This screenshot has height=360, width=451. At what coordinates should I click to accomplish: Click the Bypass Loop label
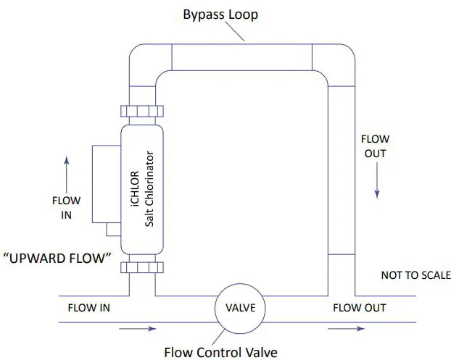[x=220, y=15]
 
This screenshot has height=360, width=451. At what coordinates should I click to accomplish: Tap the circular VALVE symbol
[x=240, y=309]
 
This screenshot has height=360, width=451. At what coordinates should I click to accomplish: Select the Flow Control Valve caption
[x=220, y=352]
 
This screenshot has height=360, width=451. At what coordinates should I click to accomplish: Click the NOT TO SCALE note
[x=416, y=275]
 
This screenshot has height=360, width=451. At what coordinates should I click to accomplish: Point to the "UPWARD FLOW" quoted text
[x=57, y=258]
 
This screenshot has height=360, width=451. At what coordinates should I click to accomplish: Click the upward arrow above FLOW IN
[x=67, y=175]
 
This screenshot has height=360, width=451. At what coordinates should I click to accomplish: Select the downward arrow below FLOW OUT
[x=377, y=180]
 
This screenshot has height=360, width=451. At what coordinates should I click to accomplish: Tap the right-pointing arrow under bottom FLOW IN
[x=138, y=328]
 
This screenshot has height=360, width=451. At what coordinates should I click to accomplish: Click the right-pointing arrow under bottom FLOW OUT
[x=347, y=328]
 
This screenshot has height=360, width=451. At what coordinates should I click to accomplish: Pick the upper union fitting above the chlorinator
[x=142, y=112]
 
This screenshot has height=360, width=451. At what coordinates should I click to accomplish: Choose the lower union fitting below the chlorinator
[x=142, y=267]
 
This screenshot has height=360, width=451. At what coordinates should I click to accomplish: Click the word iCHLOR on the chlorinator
[x=135, y=189]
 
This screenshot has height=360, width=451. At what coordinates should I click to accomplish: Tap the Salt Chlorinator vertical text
[x=149, y=189]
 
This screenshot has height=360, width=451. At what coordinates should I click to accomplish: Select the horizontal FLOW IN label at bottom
[x=89, y=308]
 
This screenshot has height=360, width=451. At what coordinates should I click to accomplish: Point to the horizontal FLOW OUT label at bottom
[x=359, y=308]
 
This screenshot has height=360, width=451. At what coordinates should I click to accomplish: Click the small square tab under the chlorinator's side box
[x=114, y=230]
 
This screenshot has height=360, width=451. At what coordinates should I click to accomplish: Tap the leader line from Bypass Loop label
[x=235, y=31]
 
